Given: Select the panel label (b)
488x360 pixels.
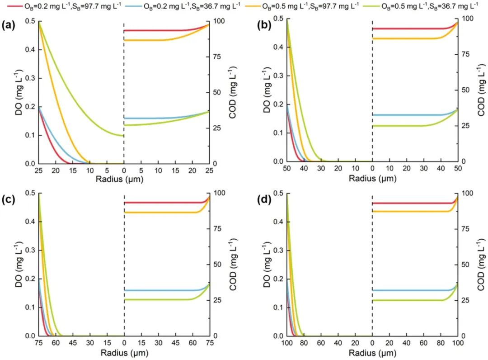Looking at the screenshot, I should [x=258, y=25].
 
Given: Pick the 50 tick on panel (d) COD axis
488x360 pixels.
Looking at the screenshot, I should [x=467, y=264].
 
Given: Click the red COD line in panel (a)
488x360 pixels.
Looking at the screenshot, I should [x=158, y=30].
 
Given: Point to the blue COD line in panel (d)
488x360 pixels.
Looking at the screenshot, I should [x=407, y=290].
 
